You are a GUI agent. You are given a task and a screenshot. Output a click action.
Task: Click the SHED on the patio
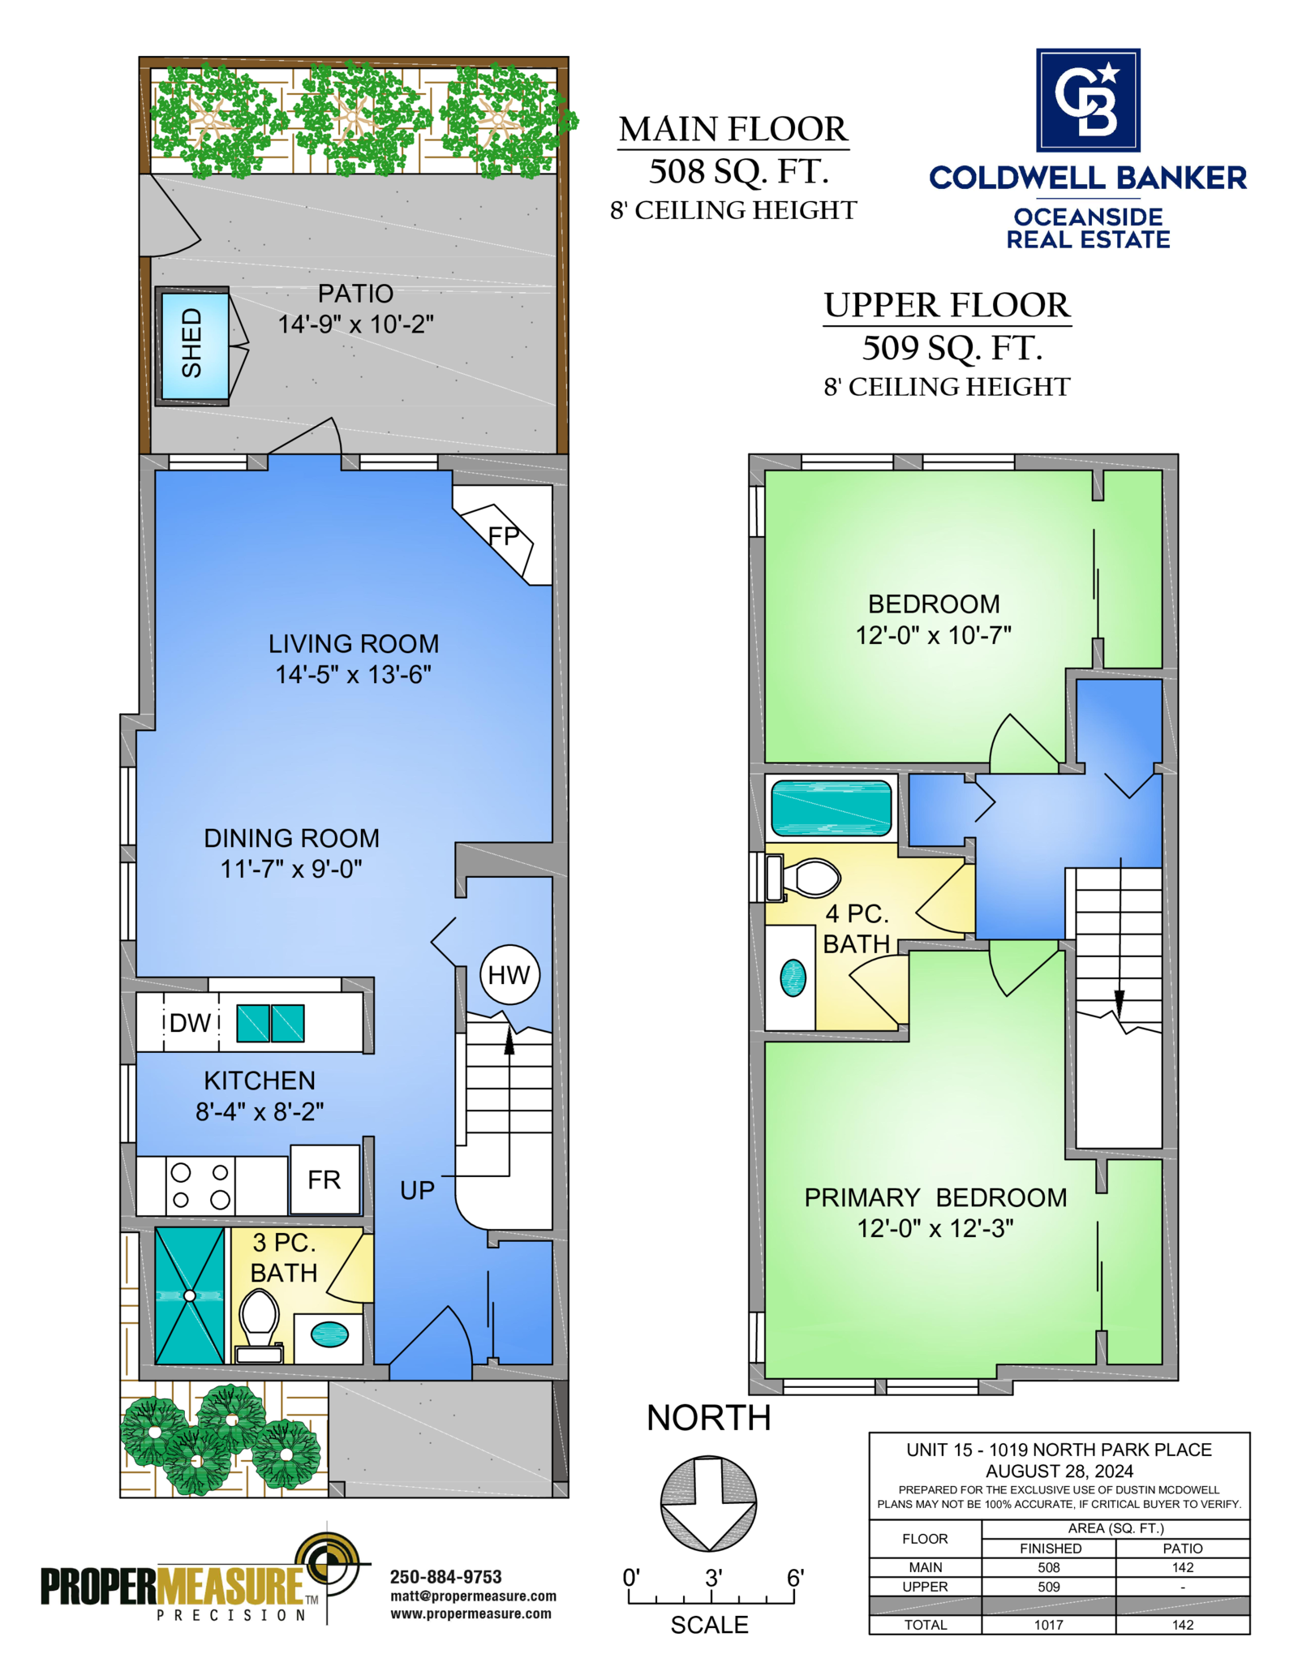192,346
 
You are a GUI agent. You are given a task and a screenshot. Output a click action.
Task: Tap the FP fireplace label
503,536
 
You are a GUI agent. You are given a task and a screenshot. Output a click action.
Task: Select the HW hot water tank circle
509,975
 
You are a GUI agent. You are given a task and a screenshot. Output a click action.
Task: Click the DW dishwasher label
191,1023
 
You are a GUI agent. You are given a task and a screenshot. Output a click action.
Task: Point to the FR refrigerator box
324,1179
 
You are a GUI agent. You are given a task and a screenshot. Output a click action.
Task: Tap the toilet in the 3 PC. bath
260,1326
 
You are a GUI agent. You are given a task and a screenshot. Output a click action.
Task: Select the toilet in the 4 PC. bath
803,878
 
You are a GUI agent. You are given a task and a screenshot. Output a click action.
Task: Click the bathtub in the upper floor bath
831,808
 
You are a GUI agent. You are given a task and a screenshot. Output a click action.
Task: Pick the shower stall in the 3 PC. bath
190,1295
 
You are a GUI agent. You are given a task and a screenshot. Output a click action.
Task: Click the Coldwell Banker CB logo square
1088,100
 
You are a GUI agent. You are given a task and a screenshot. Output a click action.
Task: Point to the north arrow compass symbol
709,1503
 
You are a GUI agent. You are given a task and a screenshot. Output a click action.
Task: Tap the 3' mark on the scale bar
713,1578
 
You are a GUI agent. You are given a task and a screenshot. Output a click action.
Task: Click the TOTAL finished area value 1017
1048,1625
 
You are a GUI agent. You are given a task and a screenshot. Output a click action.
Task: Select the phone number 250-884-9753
446,1577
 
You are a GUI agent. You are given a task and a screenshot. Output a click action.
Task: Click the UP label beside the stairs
418,1190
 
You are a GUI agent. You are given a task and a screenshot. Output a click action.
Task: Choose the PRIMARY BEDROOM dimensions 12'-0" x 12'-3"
935,1228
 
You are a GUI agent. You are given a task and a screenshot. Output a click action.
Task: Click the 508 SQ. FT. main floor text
739,171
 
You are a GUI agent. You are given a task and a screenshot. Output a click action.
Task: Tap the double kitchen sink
270,1023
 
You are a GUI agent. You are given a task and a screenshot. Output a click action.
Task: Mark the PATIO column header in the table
1183,1548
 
